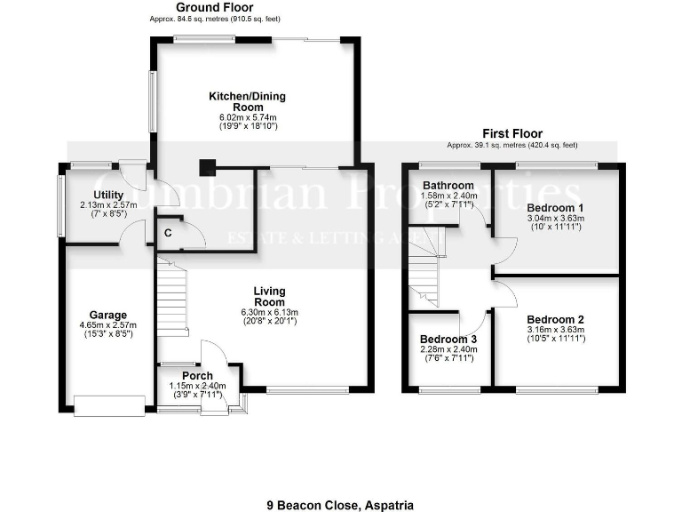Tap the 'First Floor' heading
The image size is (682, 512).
(x=513, y=132)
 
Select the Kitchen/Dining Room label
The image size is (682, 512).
(x=247, y=100)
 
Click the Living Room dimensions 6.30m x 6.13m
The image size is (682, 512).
(x=269, y=312)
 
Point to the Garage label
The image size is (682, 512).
(x=107, y=315)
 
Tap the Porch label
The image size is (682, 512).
(x=197, y=375)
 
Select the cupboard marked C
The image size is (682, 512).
(x=168, y=234)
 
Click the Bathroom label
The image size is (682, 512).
(x=448, y=185)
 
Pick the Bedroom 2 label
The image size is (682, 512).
(x=555, y=319)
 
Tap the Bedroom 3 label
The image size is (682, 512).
(x=448, y=339)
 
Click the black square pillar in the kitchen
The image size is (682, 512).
(x=207, y=164)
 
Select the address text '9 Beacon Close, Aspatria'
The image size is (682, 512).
(x=340, y=504)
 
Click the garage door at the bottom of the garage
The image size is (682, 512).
(x=108, y=406)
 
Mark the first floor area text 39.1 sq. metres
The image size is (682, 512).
(x=513, y=144)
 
